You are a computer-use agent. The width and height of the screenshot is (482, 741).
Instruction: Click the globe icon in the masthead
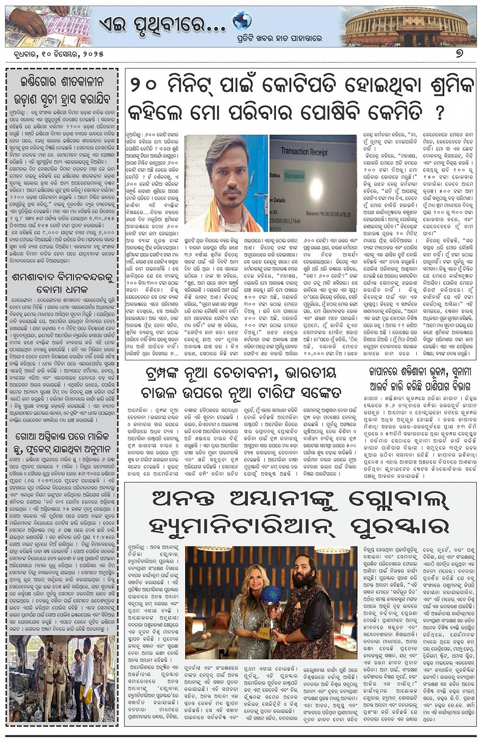(x=242, y=20)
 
